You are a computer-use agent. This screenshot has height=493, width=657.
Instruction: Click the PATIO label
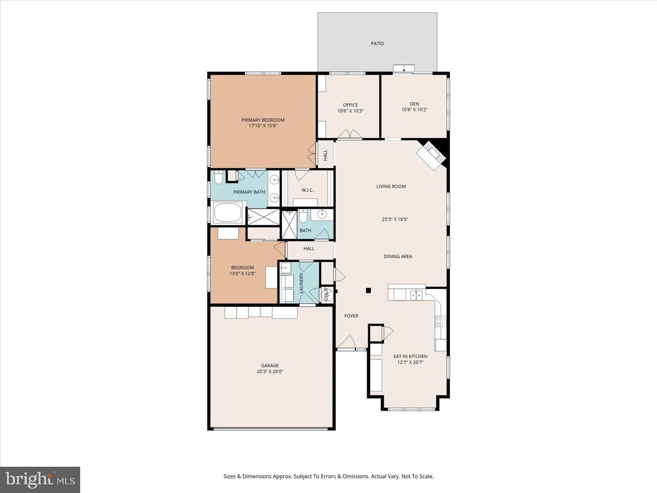[x=377, y=43]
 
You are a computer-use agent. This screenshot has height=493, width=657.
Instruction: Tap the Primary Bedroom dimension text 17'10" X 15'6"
[x=263, y=126]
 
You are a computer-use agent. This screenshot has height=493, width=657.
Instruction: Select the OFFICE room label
[x=350, y=105]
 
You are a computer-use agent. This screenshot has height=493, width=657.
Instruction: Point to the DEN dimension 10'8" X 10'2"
[x=414, y=110]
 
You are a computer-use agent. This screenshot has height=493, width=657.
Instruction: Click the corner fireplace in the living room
[x=431, y=156]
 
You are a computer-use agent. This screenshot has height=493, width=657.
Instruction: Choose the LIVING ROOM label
[x=391, y=187]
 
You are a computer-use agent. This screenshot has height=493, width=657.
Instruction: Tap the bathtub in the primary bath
[x=228, y=213]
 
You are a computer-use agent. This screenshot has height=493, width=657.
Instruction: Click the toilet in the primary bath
[x=219, y=177]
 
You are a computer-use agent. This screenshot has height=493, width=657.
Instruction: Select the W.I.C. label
[x=307, y=190]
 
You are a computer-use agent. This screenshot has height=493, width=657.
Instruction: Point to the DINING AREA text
[x=398, y=256]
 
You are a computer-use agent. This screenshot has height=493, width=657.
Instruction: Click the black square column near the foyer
[x=368, y=290]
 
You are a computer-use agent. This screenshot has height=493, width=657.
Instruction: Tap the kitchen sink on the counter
[x=416, y=295]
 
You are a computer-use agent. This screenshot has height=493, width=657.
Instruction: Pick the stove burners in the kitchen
[x=441, y=322]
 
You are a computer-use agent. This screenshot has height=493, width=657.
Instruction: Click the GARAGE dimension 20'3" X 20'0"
[x=270, y=372]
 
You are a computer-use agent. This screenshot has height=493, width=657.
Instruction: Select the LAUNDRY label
[x=301, y=283]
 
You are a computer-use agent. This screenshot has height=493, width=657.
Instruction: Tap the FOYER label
[x=351, y=316]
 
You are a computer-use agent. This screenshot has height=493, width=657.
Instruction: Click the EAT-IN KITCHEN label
[x=410, y=356]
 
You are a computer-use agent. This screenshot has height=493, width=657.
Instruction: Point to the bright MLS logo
[x=40, y=480]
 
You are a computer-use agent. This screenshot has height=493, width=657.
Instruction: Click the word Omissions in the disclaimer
[x=357, y=476]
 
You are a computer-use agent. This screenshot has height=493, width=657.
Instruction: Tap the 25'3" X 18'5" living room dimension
[x=395, y=219]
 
